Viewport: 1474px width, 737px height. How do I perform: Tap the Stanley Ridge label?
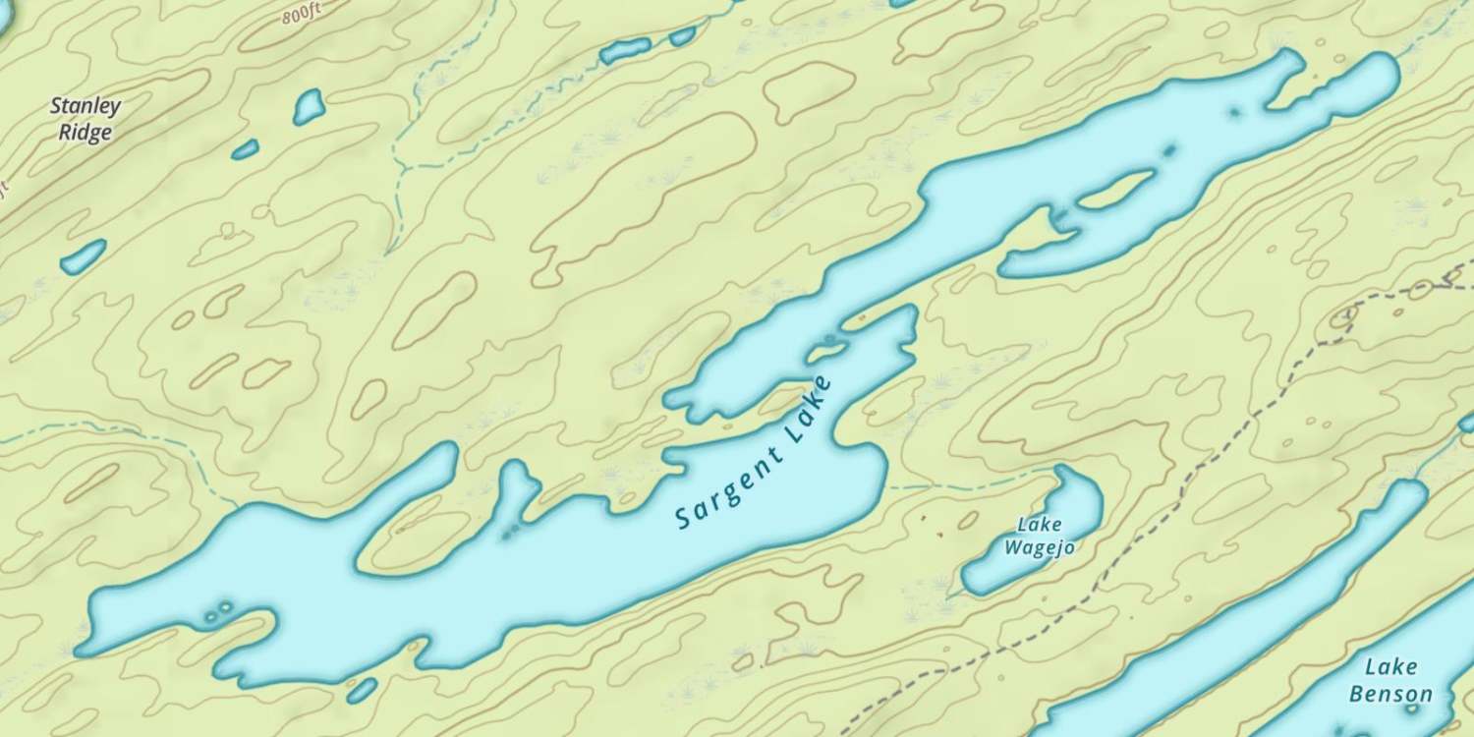tap(85, 119)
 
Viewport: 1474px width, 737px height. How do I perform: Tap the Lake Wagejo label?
tap(1039, 537)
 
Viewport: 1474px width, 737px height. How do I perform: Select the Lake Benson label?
tap(1390, 681)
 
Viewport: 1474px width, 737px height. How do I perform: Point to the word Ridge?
tap(85, 133)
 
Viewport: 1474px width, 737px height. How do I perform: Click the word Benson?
tap(1390, 695)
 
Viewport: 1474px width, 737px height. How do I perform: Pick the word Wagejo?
tap(1039, 547)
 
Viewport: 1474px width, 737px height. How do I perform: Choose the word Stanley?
tap(85, 106)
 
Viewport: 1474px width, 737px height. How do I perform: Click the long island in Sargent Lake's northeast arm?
tap(1116, 189)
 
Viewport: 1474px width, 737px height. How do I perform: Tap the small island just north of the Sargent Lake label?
tap(827, 345)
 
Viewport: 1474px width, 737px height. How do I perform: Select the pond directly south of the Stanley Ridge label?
tap(83, 256)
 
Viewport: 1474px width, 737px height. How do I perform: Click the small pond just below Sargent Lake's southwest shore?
tap(362, 690)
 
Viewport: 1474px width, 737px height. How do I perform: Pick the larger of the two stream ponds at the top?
tap(625, 49)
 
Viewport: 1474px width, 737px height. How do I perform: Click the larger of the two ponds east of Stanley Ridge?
tap(309, 106)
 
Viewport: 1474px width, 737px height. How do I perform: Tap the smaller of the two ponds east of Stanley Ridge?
tap(245, 149)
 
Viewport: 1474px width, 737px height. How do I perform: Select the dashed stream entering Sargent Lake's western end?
tap(147, 432)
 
